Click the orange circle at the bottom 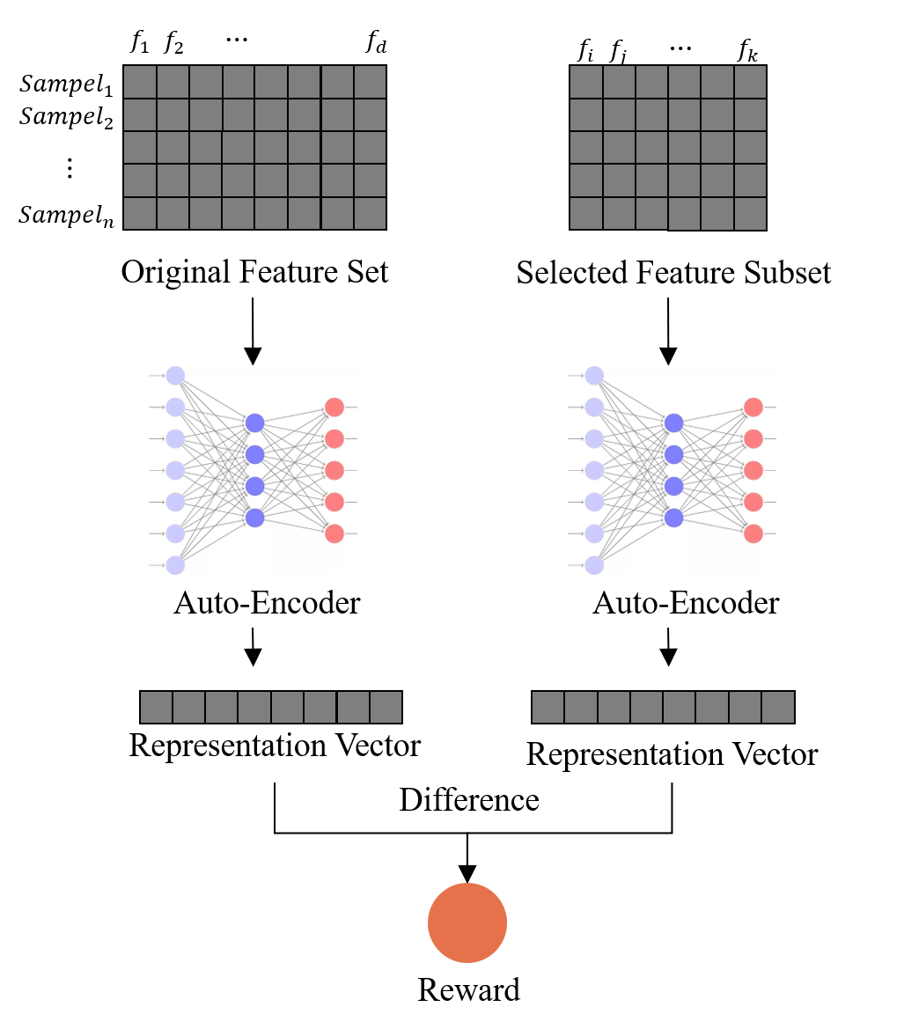click(x=467, y=922)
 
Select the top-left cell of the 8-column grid click(x=140, y=82)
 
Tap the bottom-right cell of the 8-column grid click(x=370, y=213)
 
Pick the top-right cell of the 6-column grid click(x=750, y=82)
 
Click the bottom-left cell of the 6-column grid click(x=586, y=213)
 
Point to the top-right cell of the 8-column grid click(x=370, y=82)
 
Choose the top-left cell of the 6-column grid click(x=586, y=82)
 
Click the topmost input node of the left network click(x=175, y=376)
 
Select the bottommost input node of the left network click(x=175, y=565)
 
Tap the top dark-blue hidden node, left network click(x=255, y=423)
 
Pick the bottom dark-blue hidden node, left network click(x=255, y=518)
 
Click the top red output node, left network click(x=334, y=408)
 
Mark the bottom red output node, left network click(x=334, y=533)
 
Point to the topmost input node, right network click(x=594, y=376)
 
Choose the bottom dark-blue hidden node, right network click(x=674, y=518)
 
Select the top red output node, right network click(x=753, y=408)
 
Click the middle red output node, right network click(x=753, y=470)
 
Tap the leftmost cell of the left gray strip click(x=156, y=707)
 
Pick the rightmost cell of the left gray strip click(x=386, y=707)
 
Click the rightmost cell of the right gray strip click(x=778, y=707)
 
